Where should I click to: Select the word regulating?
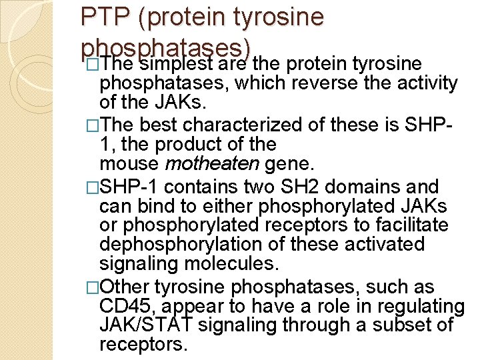415,307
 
